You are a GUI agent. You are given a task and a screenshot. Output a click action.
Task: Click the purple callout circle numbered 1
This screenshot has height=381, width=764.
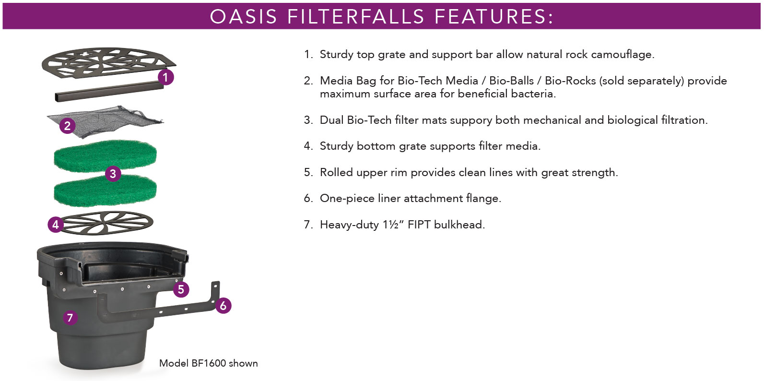coord(165,77)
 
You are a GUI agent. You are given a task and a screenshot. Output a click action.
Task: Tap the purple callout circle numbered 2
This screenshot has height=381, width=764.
coord(67,126)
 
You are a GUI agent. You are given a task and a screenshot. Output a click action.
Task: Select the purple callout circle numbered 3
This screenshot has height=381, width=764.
coord(113,173)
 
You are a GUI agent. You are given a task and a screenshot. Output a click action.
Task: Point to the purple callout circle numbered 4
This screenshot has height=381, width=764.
coord(56,224)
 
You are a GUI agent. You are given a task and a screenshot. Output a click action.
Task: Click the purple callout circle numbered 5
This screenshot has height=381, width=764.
coord(181,289)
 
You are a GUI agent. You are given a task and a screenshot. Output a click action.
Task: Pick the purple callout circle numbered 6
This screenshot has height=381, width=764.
coord(223,305)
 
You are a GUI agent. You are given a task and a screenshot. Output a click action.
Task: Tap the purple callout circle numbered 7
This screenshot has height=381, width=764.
coord(70,317)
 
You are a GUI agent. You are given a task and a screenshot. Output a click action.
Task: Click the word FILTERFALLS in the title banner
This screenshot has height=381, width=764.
coord(356,16)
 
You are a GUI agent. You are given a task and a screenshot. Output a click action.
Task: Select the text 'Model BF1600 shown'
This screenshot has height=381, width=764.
coord(208,363)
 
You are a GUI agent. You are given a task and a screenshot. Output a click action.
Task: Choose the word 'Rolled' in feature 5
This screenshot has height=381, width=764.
coord(336,172)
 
